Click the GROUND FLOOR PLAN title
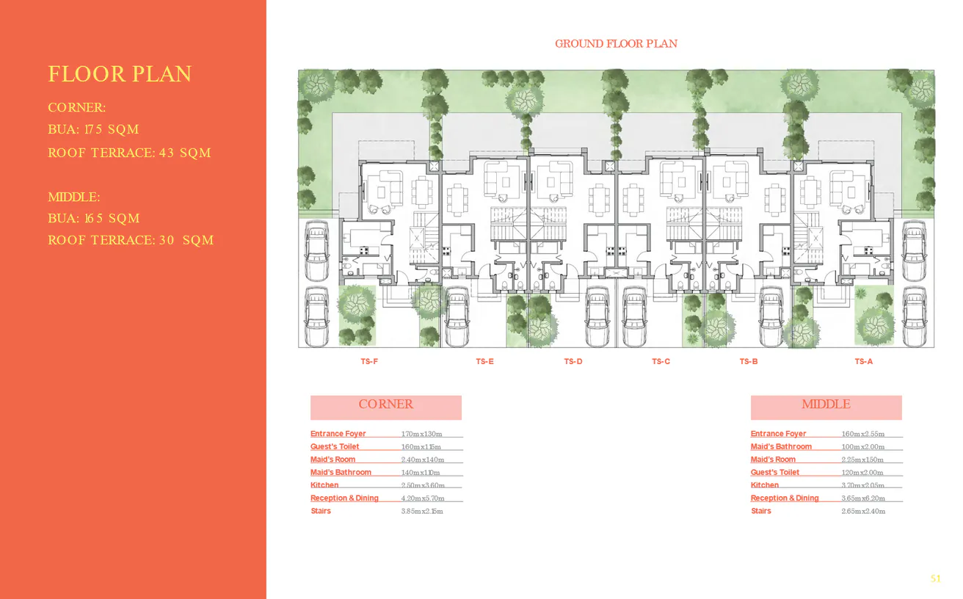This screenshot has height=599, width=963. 616,44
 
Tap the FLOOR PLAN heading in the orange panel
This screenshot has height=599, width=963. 120,74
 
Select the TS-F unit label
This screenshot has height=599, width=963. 369,361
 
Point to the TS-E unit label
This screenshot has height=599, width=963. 484,361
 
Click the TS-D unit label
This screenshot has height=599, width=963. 573,361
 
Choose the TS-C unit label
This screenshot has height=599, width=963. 661,361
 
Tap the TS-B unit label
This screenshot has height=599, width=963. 749,361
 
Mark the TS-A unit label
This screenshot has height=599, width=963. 863,361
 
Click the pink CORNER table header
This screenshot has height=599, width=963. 385,404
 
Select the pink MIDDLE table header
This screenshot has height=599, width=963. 826,404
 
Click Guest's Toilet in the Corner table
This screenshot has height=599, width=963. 335,446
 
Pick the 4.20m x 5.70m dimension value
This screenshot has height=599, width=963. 422,498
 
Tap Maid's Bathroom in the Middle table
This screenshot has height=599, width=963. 781,446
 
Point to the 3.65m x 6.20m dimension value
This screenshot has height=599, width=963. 862,498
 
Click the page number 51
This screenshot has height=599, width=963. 935,579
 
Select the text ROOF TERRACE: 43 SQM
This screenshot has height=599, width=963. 129,153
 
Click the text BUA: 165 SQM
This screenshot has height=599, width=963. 93,219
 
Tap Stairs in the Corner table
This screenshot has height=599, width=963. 321,511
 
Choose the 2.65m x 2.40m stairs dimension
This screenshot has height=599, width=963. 862,511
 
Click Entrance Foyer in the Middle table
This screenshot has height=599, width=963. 778,434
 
